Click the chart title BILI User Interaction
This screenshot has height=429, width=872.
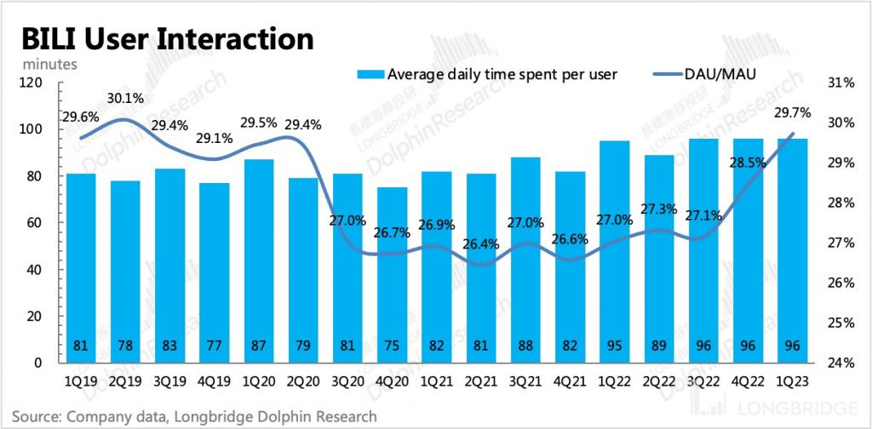[x=167, y=39]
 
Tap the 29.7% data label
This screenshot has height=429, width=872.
[x=791, y=112]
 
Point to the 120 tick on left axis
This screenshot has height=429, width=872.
[x=32, y=83]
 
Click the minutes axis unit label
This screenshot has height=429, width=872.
[x=49, y=63]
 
